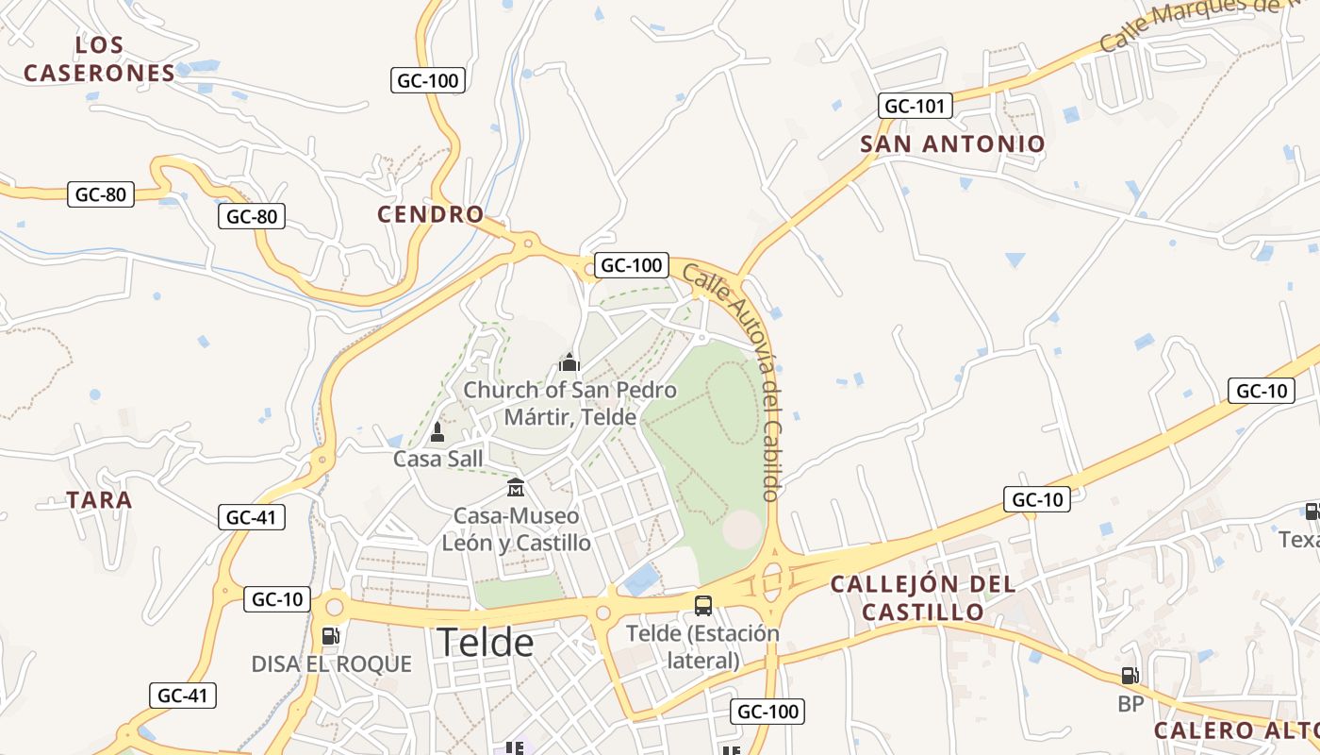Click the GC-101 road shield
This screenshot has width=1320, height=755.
pyautogui.click(x=915, y=106)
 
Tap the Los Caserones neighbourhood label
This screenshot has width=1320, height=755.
pyautogui.click(x=100, y=59)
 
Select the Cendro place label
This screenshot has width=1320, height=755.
pyautogui.click(x=431, y=214)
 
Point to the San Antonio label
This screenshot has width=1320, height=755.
pyautogui.click(x=952, y=143)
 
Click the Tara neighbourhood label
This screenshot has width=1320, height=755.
pyautogui.click(x=100, y=500)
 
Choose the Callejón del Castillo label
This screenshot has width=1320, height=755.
pyautogui.click(x=923, y=597)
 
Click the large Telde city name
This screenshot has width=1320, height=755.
pyautogui.click(x=485, y=643)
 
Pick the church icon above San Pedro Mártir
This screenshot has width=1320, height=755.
pyautogui.click(x=569, y=362)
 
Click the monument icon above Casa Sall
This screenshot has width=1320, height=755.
pyautogui.click(x=437, y=432)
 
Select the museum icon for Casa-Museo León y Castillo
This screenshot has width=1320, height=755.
pyautogui.click(x=516, y=488)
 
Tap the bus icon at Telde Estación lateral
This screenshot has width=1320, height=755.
pyautogui.click(x=703, y=606)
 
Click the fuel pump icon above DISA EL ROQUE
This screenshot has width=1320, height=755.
pyautogui.click(x=330, y=636)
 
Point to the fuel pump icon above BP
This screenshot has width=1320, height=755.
pyautogui.click(x=1130, y=676)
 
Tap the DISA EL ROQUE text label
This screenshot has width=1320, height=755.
pyautogui.click(x=331, y=664)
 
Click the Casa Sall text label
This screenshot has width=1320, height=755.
pyautogui.click(x=437, y=460)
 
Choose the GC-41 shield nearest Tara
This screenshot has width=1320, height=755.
pyautogui.click(x=252, y=517)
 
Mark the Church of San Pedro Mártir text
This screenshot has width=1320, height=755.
pyautogui.click(x=569, y=403)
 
